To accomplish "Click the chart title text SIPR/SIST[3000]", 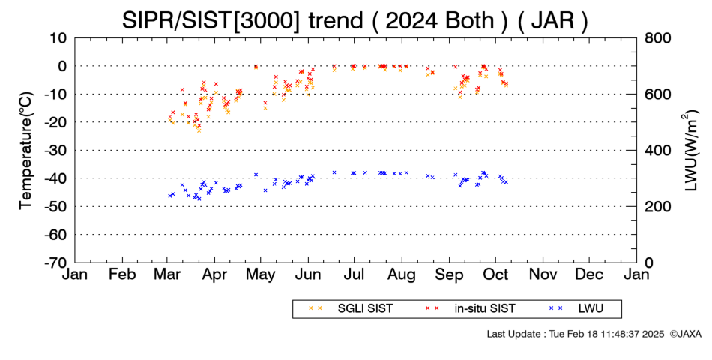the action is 211,20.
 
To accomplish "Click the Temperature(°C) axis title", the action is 26,151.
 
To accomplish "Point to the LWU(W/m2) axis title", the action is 690,151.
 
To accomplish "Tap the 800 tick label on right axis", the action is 658,38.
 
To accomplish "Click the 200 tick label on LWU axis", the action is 658,207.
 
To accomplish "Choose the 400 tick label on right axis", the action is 658,151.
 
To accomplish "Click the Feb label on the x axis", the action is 123,274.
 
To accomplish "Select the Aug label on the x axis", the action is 402,275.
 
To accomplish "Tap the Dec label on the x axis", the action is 589,274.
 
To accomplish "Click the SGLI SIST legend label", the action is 365,309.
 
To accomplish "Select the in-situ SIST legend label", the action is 485,309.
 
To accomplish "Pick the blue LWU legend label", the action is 591,309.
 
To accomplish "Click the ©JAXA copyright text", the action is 685,334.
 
